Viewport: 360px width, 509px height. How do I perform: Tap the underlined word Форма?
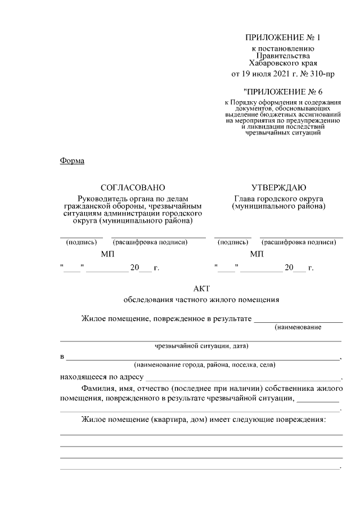tap(71, 161)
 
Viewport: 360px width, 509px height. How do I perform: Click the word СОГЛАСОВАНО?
tap(133, 187)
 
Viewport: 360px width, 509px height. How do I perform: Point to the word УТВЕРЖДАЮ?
tap(278, 187)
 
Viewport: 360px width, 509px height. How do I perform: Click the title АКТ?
tap(201, 288)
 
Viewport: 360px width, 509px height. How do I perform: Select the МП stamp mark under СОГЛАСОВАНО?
tap(107, 255)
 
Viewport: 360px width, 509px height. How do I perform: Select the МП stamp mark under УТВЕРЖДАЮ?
tap(256, 255)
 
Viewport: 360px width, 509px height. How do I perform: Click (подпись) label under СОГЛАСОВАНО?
tap(81, 242)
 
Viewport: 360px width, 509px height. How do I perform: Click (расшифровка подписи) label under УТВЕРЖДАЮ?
tap(299, 242)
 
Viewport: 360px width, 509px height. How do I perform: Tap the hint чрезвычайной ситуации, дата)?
tap(201, 346)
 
